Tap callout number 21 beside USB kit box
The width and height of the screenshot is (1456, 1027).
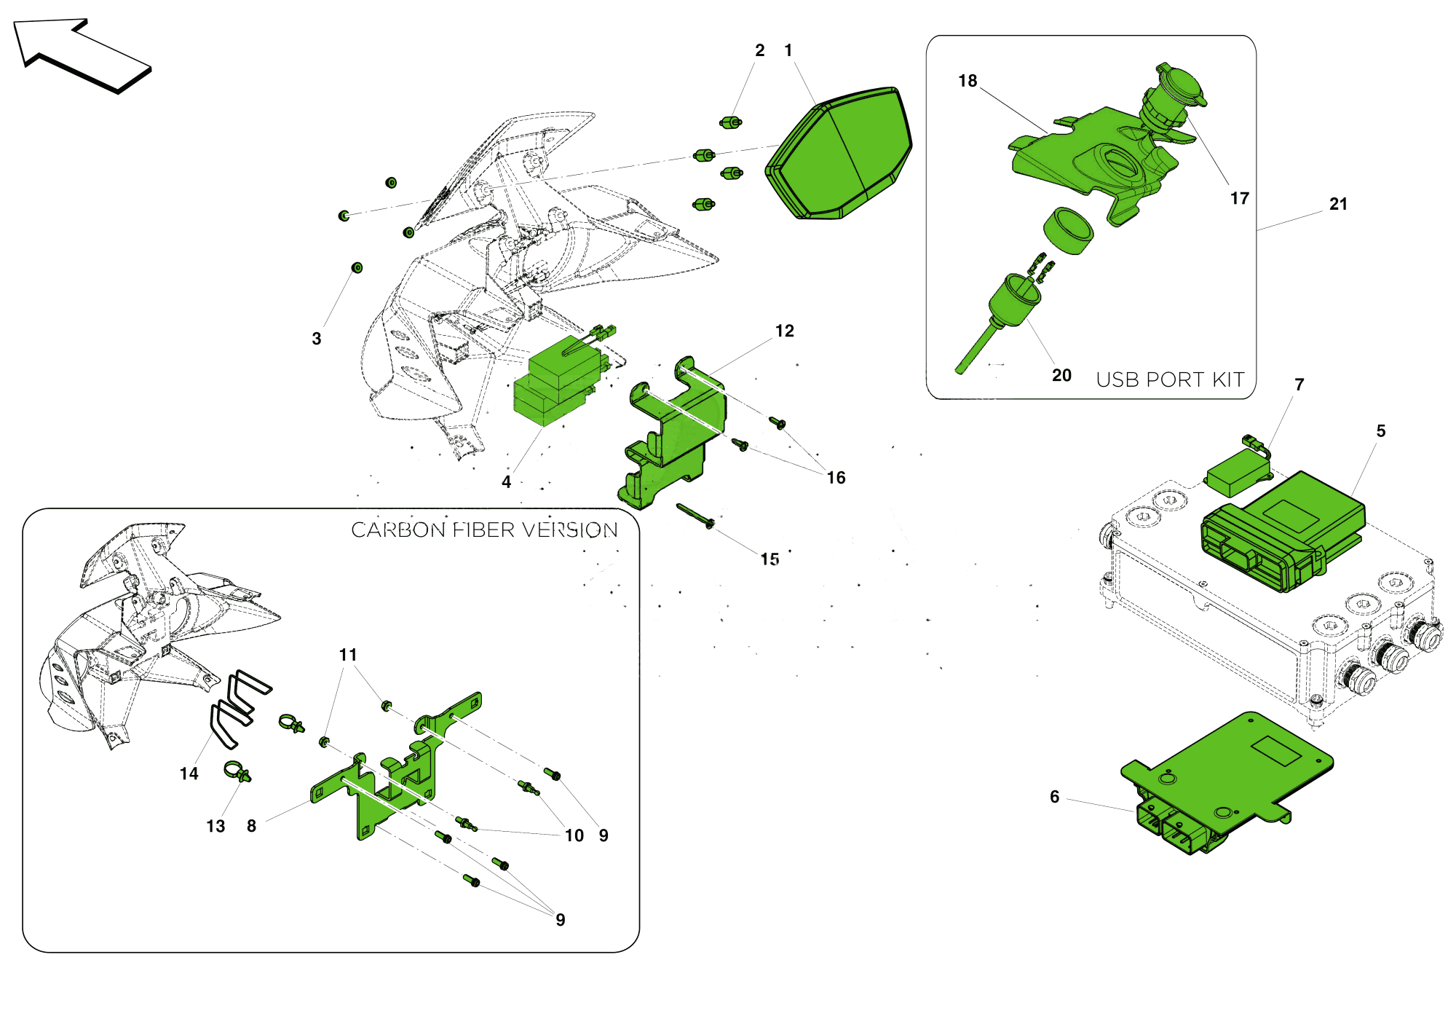(x=1338, y=205)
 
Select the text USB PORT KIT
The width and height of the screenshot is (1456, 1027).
(x=1170, y=379)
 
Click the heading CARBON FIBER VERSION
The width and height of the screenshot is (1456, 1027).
(x=484, y=530)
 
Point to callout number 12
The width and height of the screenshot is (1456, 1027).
(x=784, y=331)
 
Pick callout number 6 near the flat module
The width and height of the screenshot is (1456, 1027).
(x=1054, y=797)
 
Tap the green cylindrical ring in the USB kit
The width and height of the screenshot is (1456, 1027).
(x=1068, y=231)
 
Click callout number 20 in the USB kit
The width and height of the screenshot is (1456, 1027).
(x=1061, y=375)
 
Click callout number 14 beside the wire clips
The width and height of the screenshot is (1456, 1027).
(x=189, y=774)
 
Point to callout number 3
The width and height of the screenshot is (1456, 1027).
(x=317, y=339)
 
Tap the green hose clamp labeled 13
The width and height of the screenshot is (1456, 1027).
(x=237, y=772)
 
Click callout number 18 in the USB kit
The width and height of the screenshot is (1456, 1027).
(x=968, y=81)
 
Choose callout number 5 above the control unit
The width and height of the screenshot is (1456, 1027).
(x=1380, y=431)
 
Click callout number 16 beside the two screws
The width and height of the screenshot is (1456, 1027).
(x=836, y=478)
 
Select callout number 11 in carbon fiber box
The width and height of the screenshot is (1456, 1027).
(x=348, y=656)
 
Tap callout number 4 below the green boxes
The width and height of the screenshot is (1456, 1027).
(x=506, y=482)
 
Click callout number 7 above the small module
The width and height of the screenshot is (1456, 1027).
(x=1299, y=385)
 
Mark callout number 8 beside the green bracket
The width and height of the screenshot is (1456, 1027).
(x=251, y=826)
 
